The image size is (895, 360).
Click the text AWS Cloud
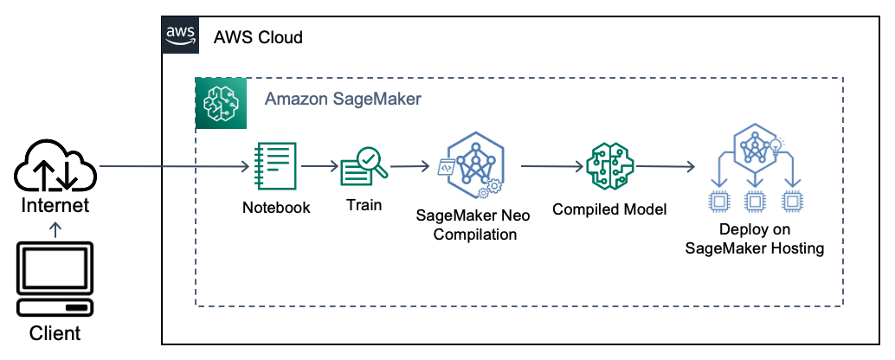coord(258,38)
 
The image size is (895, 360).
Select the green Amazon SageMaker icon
coord(221,103)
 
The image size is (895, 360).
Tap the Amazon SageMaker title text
coord(343,99)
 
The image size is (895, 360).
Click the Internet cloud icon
coord(55,167)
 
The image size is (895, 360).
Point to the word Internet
coord(55,206)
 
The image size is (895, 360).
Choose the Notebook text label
coord(276,208)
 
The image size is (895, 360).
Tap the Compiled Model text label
coord(609,209)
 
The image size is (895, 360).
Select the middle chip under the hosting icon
coord(754,201)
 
